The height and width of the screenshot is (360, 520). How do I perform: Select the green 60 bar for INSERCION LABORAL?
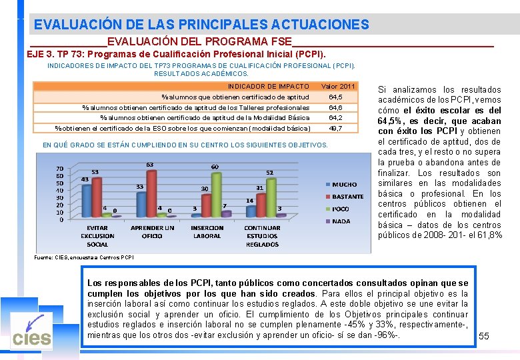214,196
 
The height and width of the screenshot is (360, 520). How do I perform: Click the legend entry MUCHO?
344,184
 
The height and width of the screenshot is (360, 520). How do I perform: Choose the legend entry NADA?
341,221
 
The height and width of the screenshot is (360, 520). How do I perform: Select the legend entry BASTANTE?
347,196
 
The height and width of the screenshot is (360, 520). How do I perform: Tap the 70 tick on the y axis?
60,169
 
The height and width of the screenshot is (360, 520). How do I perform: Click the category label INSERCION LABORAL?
207,232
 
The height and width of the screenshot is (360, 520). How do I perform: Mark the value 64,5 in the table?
335,97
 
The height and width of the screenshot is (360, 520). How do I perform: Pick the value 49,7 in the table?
335,128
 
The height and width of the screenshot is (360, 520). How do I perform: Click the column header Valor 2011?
338,87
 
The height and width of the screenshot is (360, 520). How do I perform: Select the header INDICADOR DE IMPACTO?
268,87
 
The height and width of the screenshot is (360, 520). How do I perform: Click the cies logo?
31,331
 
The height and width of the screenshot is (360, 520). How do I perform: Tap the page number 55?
484,336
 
